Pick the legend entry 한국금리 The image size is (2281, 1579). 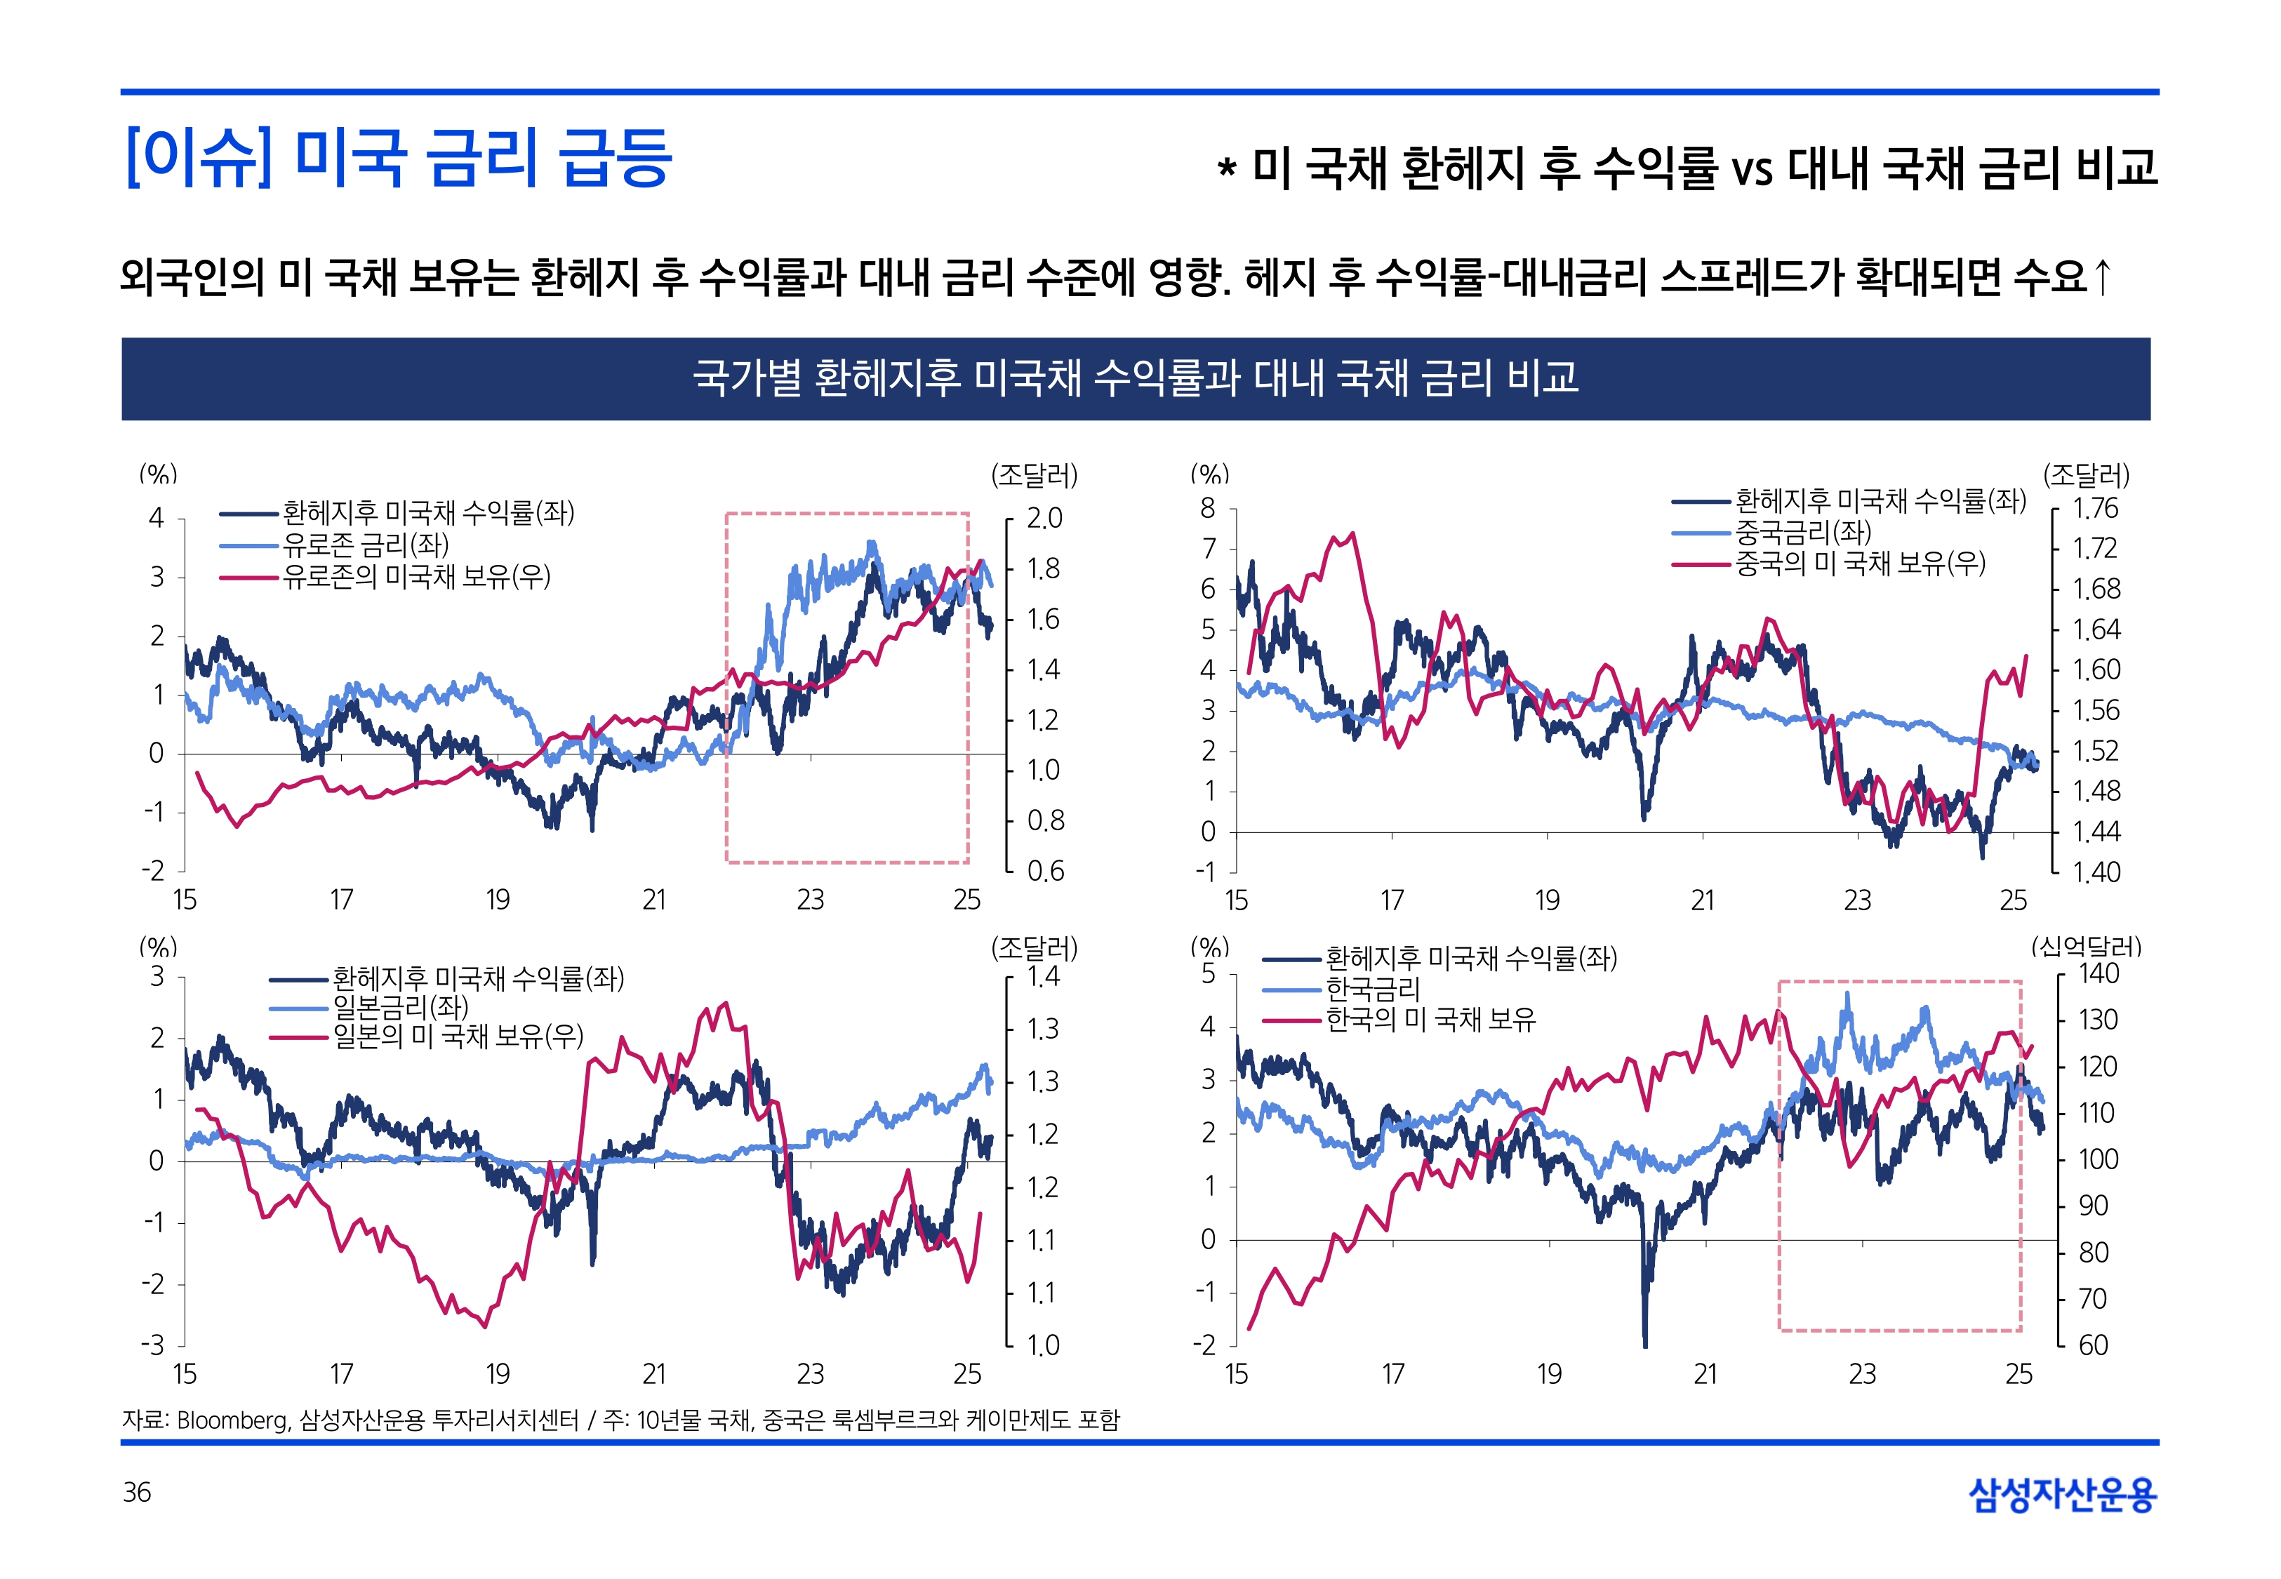1372,988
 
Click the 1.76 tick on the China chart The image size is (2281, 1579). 2095,509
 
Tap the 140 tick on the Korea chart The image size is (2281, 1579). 2098,973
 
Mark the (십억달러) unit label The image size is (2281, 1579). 2086,947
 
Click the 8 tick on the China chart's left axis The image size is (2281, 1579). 1208,509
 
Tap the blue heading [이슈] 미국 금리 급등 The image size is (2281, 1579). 399,159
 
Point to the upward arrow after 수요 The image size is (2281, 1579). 2103,276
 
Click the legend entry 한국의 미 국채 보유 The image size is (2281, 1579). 1430,1019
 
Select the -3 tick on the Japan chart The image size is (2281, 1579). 152,1345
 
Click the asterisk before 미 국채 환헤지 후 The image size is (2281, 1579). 1227,169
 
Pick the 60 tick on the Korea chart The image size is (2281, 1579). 2092,1345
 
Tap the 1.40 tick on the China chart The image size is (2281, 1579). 2096,872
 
